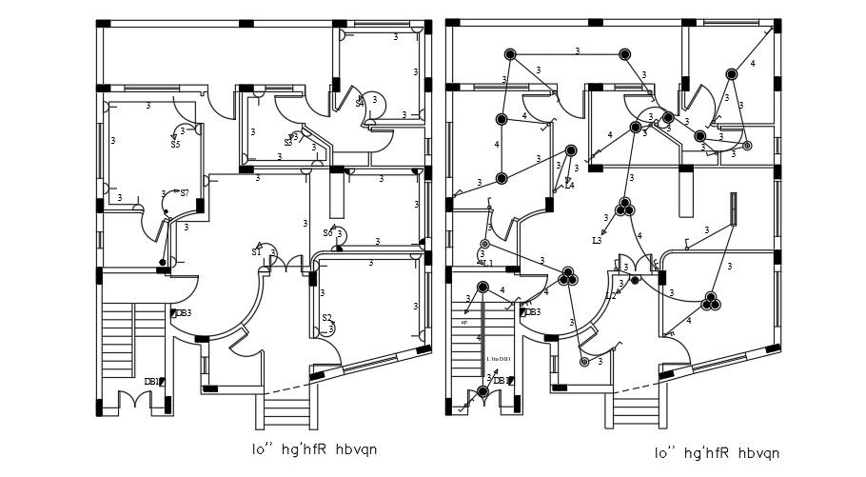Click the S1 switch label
(x=256, y=252)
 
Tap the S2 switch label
(x=326, y=318)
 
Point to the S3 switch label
(x=288, y=143)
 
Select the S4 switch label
(x=360, y=103)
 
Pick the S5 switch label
(x=175, y=145)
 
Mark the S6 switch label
(x=328, y=232)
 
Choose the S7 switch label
(x=184, y=193)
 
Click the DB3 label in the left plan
(x=183, y=313)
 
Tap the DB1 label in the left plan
(x=151, y=382)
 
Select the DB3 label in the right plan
(x=532, y=312)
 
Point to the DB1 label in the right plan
(x=500, y=381)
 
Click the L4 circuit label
(x=569, y=186)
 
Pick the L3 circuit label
(x=597, y=241)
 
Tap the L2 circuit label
(x=611, y=296)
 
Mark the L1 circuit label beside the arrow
(x=487, y=263)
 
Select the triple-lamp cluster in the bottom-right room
(x=710, y=303)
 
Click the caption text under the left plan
(x=305, y=447)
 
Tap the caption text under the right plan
(x=718, y=453)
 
